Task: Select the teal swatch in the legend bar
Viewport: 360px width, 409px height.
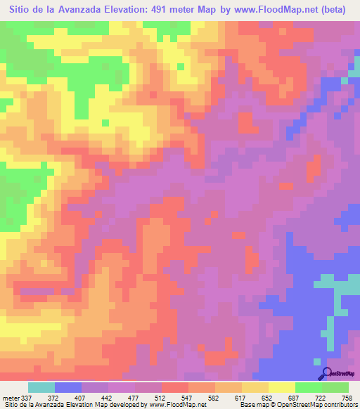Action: [x=41, y=387]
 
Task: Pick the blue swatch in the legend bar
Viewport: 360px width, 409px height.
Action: [x=67, y=387]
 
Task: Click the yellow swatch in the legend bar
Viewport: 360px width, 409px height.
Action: [x=281, y=387]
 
